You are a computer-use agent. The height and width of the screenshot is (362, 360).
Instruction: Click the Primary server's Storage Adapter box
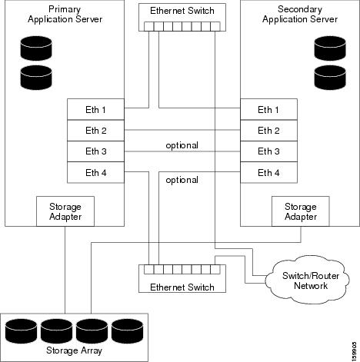click(65, 211)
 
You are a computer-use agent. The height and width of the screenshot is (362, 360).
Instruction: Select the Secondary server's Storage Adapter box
click(300, 211)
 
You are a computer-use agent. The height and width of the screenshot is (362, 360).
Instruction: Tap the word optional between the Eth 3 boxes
click(182, 145)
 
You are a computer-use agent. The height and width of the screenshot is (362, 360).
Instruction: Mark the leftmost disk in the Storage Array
click(21, 331)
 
